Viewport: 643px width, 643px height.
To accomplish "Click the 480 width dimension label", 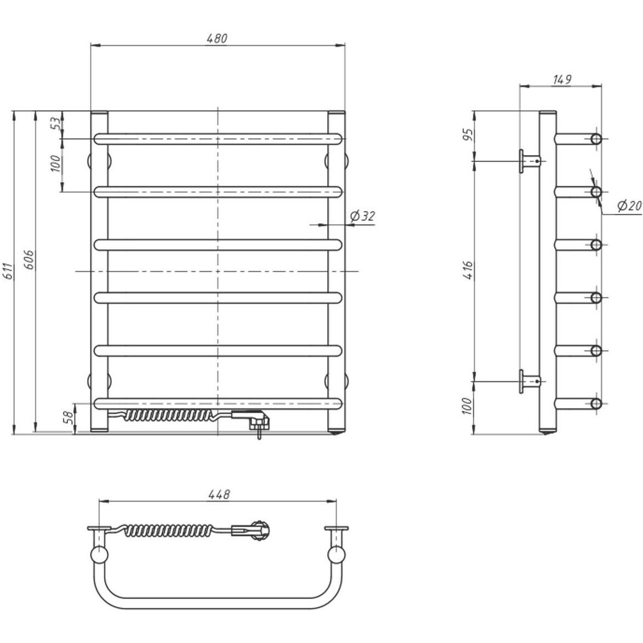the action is coord(217,38).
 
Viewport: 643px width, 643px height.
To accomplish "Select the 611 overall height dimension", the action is coord(9,271).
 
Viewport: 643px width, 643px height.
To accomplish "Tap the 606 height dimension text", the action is coord(30,260).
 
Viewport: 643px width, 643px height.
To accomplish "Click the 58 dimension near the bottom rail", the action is coord(69,417).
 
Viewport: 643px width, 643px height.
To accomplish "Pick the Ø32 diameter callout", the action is coord(362,215).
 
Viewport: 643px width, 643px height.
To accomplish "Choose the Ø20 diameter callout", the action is coord(629,206).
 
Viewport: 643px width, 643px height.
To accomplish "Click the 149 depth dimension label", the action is coord(562,79).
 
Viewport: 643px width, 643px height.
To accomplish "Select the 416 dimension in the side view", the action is coord(468,270).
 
